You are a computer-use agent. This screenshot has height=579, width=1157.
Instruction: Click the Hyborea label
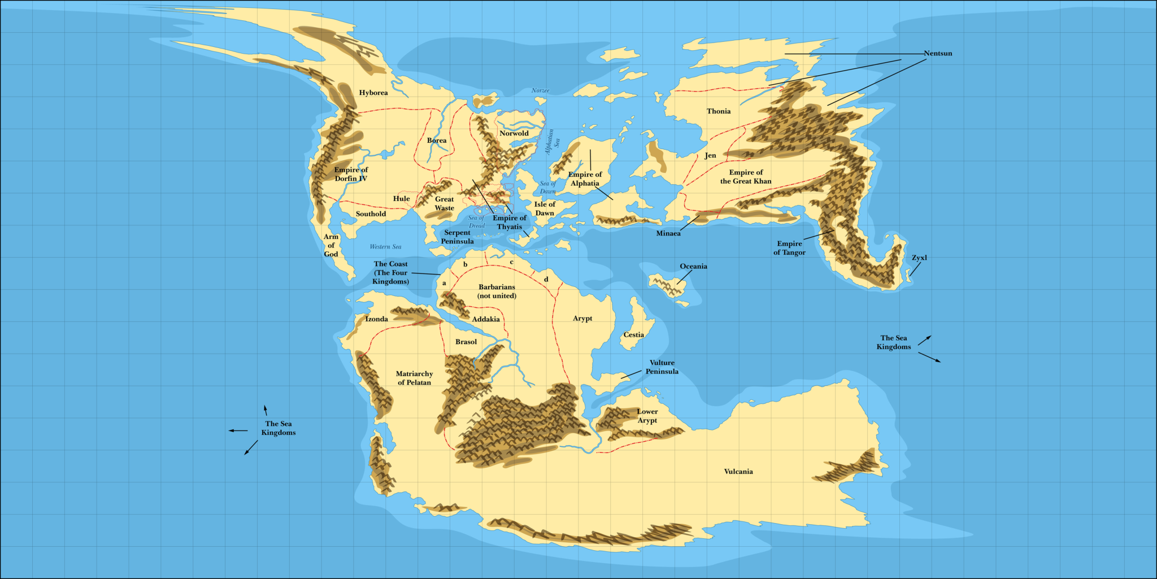[x=373, y=93]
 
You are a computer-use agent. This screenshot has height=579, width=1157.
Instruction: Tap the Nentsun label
[x=938, y=53]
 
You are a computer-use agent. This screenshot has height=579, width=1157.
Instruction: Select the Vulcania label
[x=738, y=471]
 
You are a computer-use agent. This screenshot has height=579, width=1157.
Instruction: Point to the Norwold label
[x=514, y=133]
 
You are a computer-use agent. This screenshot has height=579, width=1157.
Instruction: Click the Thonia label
[x=719, y=111]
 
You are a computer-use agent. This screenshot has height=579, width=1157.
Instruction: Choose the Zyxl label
[x=919, y=258]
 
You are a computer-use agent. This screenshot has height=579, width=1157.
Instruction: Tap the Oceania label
[x=693, y=266]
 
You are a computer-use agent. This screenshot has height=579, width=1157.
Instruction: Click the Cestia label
[x=633, y=334]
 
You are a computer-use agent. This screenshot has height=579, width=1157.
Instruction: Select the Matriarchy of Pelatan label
[x=414, y=378]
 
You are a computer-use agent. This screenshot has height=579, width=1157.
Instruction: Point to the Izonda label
[x=377, y=319]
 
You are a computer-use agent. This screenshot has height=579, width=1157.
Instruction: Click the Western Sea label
[x=385, y=246]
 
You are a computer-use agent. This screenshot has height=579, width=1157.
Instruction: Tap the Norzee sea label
[x=540, y=90]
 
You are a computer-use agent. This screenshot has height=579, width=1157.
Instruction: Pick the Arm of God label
[x=331, y=245]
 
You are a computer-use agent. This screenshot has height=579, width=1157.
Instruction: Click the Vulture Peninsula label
[x=662, y=367]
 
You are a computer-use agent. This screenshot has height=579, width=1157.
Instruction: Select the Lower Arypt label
[x=647, y=416]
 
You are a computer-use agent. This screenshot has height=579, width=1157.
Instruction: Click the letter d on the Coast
[x=546, y=279]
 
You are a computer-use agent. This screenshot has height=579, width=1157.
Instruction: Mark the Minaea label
[x=668, y=233]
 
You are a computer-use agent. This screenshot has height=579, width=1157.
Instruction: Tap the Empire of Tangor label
[x=789, y=248]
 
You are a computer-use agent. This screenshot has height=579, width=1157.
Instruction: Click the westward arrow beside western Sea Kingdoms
[x=237, y=430]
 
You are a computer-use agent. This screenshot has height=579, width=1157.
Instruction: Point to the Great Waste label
[x=444, y=203]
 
